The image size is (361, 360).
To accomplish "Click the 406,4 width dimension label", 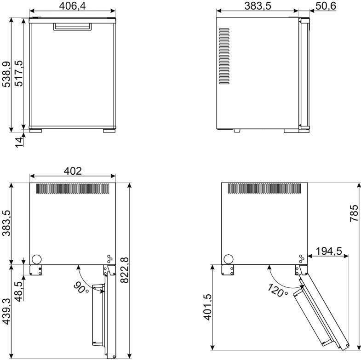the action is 72,6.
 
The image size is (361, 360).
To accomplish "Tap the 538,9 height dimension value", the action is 6,74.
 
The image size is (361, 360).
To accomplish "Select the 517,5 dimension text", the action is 19,73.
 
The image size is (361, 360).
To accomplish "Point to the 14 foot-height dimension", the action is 19,142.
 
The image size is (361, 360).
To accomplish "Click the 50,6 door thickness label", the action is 326,6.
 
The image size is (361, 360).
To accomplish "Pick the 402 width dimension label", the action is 73,171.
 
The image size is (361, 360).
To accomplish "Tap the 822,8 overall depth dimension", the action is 125,270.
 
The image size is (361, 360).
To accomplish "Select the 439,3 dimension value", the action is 6,311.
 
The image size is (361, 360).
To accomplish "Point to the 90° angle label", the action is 81,288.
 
